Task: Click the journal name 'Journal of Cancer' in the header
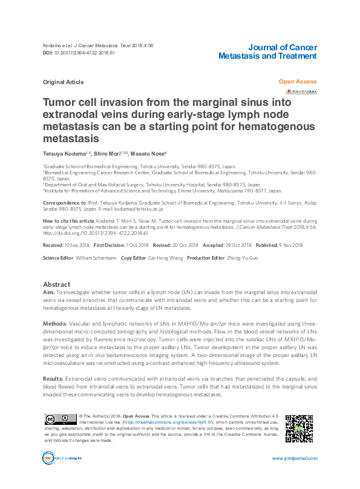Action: (283, 47)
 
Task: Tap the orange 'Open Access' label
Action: (298, 80)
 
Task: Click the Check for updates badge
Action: (301, 91)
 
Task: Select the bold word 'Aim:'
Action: (49, 292)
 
